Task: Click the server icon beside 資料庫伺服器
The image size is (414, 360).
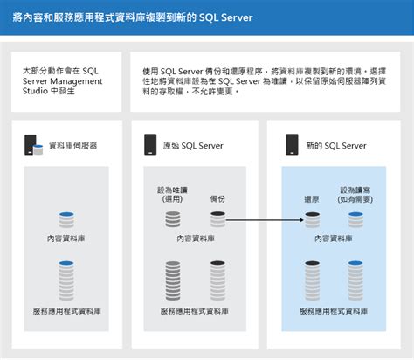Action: click(x=32, y=146)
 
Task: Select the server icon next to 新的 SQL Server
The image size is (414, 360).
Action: click(x=295, y=146)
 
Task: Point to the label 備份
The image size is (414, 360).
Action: click(x=218, y=199)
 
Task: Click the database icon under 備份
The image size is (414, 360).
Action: click(x=218, y=219)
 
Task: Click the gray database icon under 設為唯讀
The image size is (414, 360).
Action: click(x=172, y=219)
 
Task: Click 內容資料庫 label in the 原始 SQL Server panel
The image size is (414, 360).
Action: click(x=196, y=238)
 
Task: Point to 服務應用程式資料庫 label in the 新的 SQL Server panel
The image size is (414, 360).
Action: click(x=334, y=310)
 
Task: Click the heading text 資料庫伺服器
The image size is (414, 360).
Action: click(x=73, y=146)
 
